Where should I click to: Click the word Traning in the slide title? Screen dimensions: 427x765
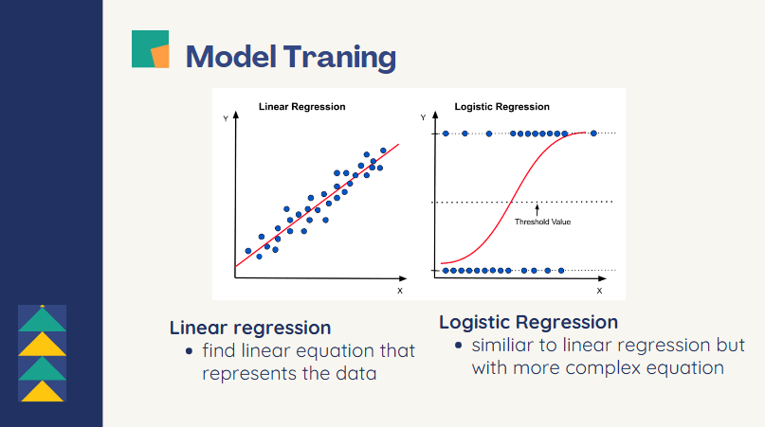point(338,57)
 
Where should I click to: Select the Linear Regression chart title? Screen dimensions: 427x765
point(301,107)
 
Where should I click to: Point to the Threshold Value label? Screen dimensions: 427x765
point(542,222)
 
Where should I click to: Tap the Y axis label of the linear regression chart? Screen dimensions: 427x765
point(225,118)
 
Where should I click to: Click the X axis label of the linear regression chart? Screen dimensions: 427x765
point(399,291)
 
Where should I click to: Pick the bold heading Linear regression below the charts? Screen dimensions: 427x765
point(250,329)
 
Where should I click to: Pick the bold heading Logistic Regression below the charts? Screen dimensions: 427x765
point(528,322)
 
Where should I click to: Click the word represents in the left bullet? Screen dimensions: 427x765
point(247,373)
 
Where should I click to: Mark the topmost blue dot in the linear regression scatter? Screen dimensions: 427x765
point(383,150)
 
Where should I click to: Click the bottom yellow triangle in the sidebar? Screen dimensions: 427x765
point(43,391)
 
